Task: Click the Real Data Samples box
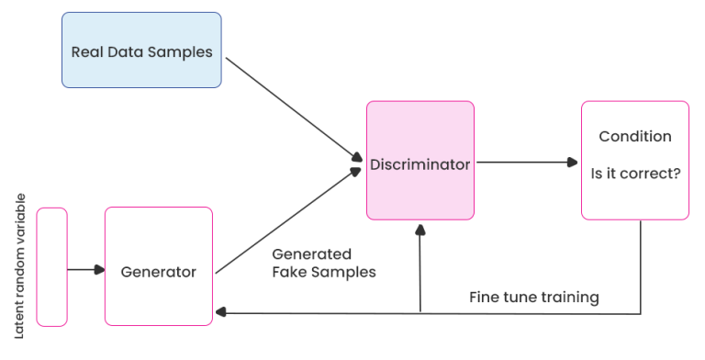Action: point(141,51)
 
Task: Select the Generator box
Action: point(159,266)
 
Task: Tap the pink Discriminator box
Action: point(420,161)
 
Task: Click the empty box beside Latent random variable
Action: point(51,266)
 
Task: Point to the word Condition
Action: point(634,137)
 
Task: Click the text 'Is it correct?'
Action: point(634,171)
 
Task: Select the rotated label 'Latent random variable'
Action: point(20,265)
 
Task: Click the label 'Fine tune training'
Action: point(533,298)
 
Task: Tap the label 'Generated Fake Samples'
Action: point(324,263)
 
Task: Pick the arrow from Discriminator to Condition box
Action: point(527,163)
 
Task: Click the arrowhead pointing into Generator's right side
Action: point(219,313)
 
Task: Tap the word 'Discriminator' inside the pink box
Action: point(420,165)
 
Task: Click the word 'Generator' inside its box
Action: point(159,272)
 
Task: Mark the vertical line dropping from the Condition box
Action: point(640,266)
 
